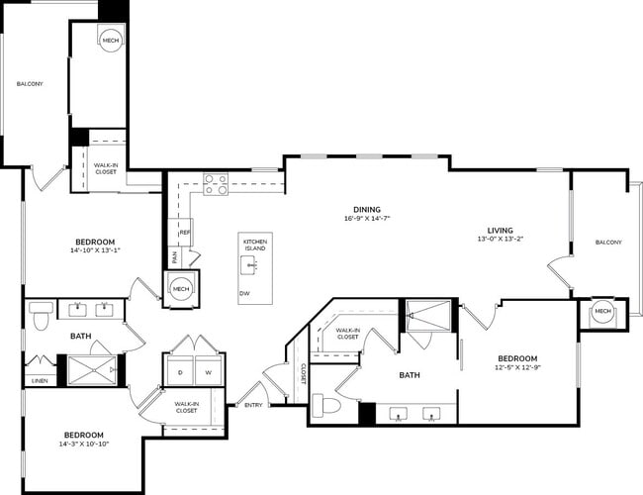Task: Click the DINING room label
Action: pos(367,209)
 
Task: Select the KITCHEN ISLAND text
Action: pos(255,245)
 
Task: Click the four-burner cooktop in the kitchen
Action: pos(216,184)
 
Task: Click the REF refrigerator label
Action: pos(185,233)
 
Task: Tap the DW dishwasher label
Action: pos(244,294)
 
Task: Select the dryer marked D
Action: pos(181,372)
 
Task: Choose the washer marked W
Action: pos(209,372)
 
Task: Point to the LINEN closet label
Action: pos(40,380)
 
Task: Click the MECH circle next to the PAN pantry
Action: pos(180,289)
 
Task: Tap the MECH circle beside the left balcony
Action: pos(111,41)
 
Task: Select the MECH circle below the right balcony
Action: pos(602,313)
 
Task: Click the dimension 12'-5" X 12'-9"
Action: pos(517,368)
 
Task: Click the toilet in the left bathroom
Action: pos(41,318)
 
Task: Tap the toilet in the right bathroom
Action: pos(326,407)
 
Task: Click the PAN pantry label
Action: pos(175,257)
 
